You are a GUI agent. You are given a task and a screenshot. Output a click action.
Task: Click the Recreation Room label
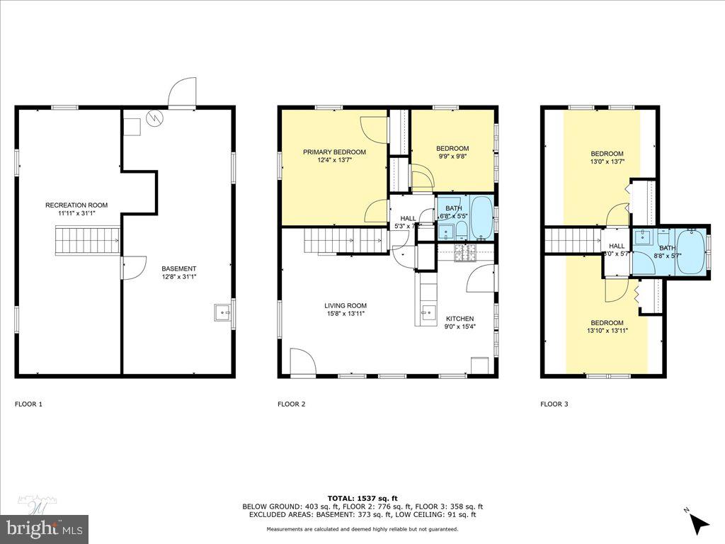pos(76,205)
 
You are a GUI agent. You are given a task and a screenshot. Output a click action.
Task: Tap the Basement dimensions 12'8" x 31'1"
pos(178,277)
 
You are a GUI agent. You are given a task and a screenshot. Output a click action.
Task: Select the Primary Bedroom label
pos(334,152)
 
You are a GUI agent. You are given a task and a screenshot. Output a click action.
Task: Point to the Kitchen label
pos(459,319)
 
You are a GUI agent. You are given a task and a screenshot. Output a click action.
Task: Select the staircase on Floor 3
pos(571,239)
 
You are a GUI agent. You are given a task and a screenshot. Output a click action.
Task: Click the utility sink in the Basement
pos(223,312)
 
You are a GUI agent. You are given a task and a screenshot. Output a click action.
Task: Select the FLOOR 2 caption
pos(291,404)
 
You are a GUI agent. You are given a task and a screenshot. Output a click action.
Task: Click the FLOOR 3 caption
pos(554,404)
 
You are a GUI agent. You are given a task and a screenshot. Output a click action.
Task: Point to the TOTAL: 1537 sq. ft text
pos(362,498)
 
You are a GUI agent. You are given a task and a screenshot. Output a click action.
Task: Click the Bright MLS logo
pos(44,527)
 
